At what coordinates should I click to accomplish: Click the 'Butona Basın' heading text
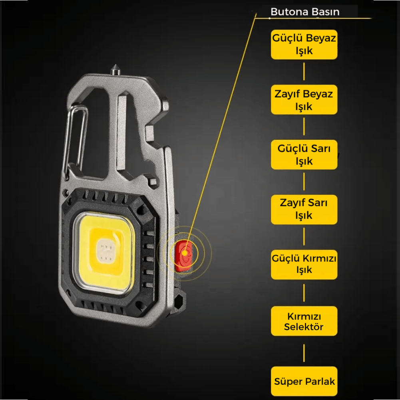tap(305, 12)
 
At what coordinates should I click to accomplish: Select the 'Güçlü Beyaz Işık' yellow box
tap(304, 44)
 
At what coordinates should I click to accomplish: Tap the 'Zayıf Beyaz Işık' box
tap(304, 99)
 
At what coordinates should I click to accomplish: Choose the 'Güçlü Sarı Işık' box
tap(304, 154)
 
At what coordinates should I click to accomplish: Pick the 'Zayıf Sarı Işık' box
tap(304, 210)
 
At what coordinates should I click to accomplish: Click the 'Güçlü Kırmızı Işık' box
tap(304, 265)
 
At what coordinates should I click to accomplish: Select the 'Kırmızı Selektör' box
tap(304, 321)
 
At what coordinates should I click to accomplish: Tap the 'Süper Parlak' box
tap(304, 381)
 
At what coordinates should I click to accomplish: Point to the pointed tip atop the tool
tap(115, 65)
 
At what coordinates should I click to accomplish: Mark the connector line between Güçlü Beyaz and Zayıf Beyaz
tap(304, 72)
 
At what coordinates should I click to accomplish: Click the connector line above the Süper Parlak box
tap(304, 353)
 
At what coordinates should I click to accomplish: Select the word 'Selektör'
tap(304, 327)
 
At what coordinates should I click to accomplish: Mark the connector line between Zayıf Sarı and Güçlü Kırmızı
tap(304, 236)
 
